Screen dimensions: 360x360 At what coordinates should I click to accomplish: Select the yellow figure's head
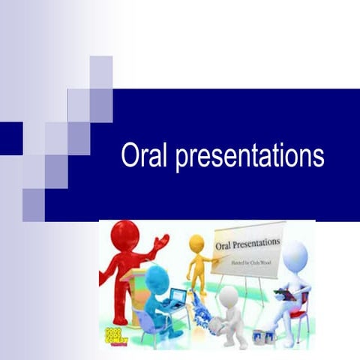196,242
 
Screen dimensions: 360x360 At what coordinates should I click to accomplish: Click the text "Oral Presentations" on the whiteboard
247,244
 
